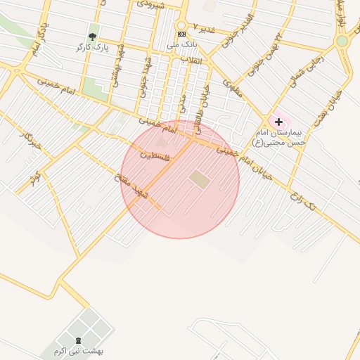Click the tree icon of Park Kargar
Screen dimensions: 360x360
point(91,36)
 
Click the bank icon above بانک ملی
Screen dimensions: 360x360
point(181,34)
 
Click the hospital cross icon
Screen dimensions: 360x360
point(278,122)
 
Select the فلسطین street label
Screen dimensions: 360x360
point(155,155)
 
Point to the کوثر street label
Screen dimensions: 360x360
point(33,181)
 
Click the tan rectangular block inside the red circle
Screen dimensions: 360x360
point(200,180)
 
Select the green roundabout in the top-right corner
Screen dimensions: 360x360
point(342,41)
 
